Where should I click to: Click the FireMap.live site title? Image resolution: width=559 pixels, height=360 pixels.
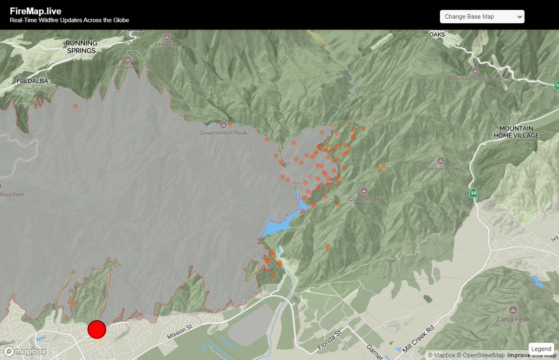click(35, 11)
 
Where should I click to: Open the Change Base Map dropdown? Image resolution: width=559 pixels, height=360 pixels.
click(482, 17)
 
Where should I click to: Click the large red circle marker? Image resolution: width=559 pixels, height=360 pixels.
click(97, 329)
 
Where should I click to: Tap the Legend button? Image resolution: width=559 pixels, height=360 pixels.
click(541, 349)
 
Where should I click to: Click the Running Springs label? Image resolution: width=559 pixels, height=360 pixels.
click(81, 47)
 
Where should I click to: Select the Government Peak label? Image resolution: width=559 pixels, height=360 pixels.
click(223, 133)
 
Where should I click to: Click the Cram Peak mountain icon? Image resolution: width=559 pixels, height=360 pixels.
click(364, 190)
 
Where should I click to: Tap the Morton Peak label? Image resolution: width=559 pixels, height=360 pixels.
click(440, 169)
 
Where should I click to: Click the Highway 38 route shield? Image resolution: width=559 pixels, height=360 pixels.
click(473, 193)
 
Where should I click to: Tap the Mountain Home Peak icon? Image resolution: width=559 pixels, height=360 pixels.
click(475, 71)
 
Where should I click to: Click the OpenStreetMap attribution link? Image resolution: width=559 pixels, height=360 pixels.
click(482, 355)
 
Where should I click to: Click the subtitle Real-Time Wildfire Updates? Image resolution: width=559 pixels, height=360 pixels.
click(69, 20)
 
